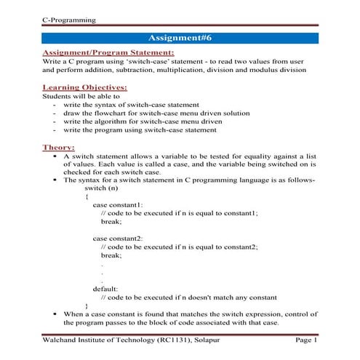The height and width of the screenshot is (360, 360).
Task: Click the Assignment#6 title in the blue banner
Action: pyautogui.click(x=180, y=37)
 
